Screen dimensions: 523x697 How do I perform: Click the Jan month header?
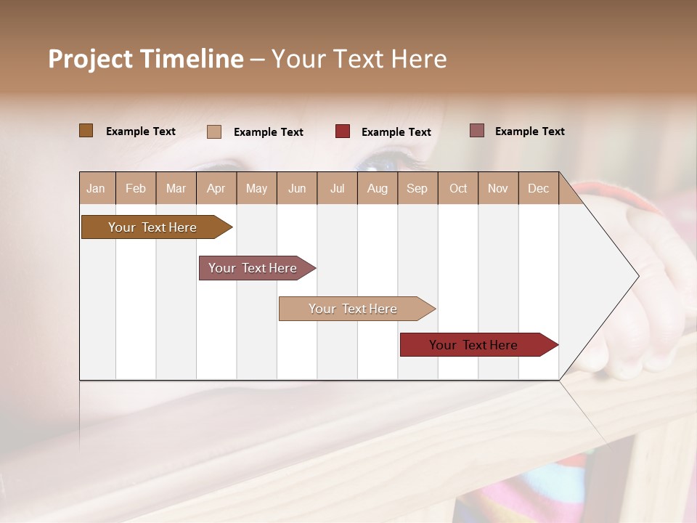click(96, 189)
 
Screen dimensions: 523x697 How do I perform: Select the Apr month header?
click(216, 189)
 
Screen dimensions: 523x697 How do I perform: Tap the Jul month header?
click(337, 189)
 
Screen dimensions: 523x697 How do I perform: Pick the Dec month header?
click(538, 189)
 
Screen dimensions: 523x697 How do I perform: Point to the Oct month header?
click(458, 189)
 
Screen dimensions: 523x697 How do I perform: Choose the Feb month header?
click(136, 189)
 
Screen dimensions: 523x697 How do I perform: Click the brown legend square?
click(86, 131)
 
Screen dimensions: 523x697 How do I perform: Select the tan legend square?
click(214, 131)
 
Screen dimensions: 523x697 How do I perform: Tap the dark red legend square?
click(343, 131)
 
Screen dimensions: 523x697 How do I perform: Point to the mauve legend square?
click(477, 131)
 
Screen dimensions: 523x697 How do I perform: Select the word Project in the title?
click(89, 59)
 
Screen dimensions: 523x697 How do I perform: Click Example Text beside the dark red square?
click(396, 132)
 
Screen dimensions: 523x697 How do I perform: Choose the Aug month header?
click(377, 189)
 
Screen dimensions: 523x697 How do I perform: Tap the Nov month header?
click(498, 189)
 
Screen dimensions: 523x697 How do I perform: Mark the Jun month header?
click(297, 189)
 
